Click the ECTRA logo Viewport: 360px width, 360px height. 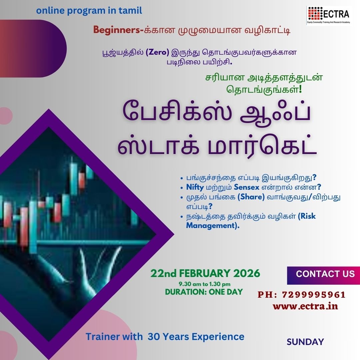click(329, 15)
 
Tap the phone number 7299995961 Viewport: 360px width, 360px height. click(314, 295)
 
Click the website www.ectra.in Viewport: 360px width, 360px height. click(305, 306)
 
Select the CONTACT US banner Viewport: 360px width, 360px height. click(323, 275)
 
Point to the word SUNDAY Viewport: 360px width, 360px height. click(305, 342)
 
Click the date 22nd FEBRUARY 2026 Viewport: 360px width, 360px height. click(205, 273)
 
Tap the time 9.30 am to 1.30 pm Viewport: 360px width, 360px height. click(204, 284)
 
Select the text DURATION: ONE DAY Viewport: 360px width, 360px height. click(204, 292)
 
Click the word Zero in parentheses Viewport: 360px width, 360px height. click(157, 52)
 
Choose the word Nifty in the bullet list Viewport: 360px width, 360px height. click(195, 187)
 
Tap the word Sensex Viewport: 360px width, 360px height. click(246, 187)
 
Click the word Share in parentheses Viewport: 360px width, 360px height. click(251, 197)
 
